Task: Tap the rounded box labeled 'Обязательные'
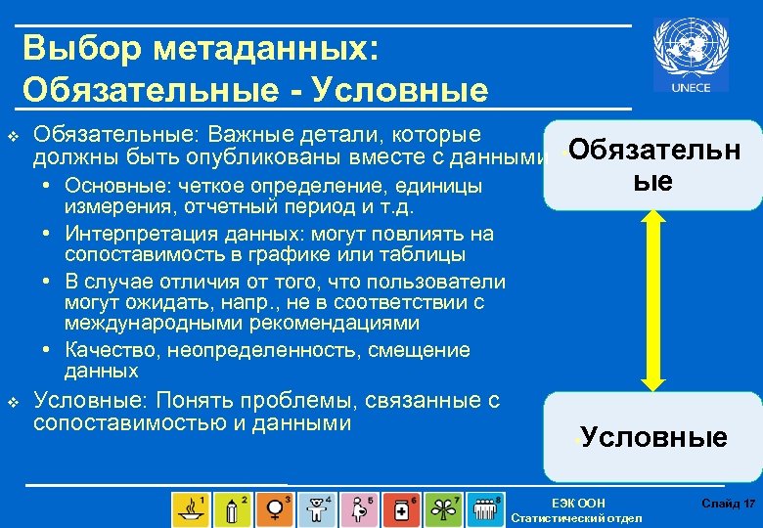coord(653,164)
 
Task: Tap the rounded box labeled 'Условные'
coord(653,436)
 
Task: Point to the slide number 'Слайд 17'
coord(728,504)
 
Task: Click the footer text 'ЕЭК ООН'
coord(578,504)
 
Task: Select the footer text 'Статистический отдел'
coord(577,517)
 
